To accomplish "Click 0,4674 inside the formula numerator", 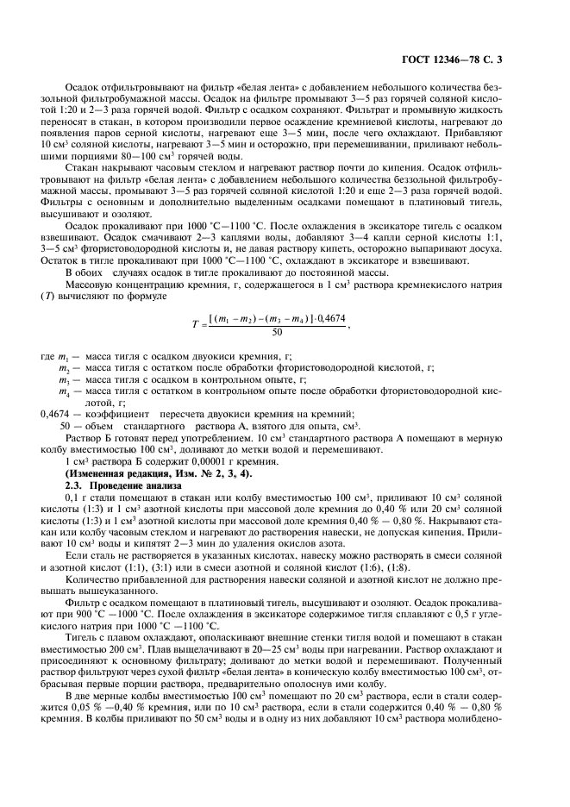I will tap(332, 319).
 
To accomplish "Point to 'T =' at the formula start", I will tap(200, 325).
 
